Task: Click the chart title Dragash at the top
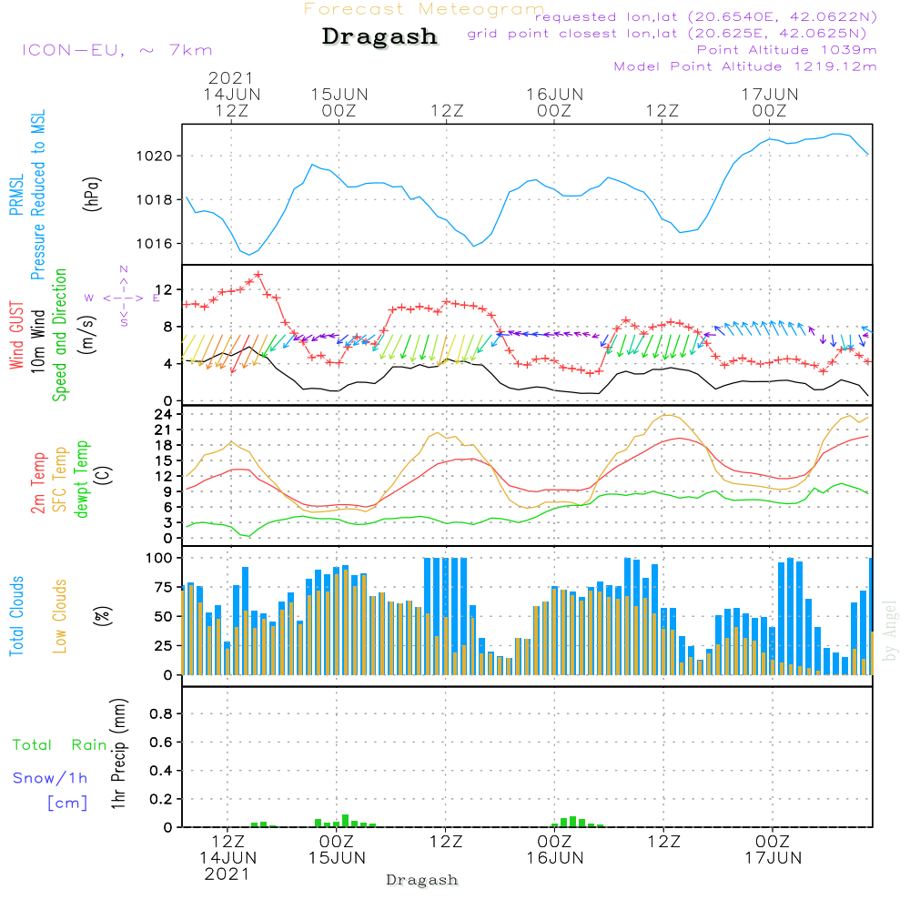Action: point(379,36)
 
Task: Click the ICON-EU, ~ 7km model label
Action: point(117,50)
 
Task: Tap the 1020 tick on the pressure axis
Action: point(155,157)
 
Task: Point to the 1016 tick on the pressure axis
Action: point(155,244)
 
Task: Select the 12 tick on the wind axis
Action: point(164,289)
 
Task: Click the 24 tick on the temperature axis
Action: point(164,414)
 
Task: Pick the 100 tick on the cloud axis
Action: point(159,559)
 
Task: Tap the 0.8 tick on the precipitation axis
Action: point(161,713)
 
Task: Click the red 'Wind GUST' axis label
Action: point(16,335)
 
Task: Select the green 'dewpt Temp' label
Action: point(81,479)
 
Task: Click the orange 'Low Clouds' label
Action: point(60,616)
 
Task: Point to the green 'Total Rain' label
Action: point(60,745)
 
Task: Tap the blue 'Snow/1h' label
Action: point(50,778)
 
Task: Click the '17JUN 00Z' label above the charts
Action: point(770,103)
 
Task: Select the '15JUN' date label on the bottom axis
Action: point(337,858)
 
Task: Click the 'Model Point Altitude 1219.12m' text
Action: point(745,66)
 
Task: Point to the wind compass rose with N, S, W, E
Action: point(124,298)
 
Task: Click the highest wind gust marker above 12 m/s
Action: point(258,275)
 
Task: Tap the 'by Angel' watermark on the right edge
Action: point(891,631)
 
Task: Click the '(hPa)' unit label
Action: point(92,194)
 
